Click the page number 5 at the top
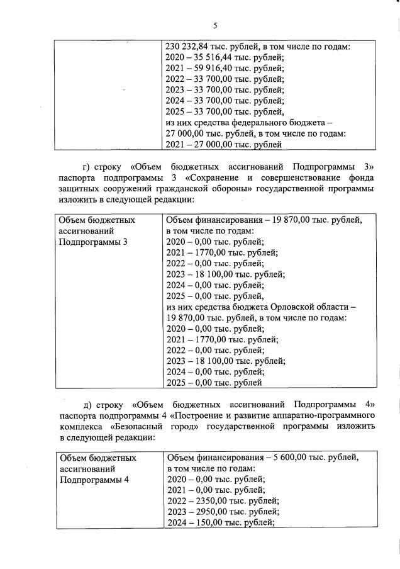click(x=214, y=26)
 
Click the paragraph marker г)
click(x=86, y=167)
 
